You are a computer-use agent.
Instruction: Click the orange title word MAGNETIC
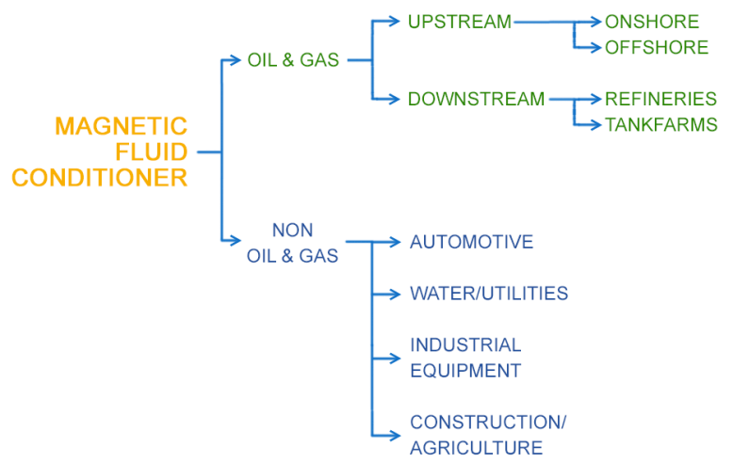coord(121,126)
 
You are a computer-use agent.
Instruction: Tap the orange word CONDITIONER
coord(99,177)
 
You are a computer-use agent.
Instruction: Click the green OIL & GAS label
coord(293,60)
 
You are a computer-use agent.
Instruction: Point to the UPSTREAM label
coord(459,22)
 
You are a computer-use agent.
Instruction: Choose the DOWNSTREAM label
coord(476,99)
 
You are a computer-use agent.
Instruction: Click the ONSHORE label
coord(652,22)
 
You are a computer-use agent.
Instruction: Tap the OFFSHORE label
coord(657,47)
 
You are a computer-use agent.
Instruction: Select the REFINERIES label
coord(660,99)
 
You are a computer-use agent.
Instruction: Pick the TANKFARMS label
coord(660,124)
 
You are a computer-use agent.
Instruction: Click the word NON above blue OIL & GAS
coord(292,230)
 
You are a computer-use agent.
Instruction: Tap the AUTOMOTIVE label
coord(471,243)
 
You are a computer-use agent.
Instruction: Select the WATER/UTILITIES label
coord(488,294)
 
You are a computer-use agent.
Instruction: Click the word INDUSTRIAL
coord(465,345)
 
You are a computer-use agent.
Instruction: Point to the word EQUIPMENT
coord(465,371)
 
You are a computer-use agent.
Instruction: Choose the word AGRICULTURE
coord(476,448)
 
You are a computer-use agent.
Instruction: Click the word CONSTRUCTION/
coord(488,423)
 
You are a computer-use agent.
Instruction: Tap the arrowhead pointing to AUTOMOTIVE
coord(396,243)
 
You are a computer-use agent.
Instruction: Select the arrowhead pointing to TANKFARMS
coord(595,124)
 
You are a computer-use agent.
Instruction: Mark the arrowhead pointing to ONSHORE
coord(595,22)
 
